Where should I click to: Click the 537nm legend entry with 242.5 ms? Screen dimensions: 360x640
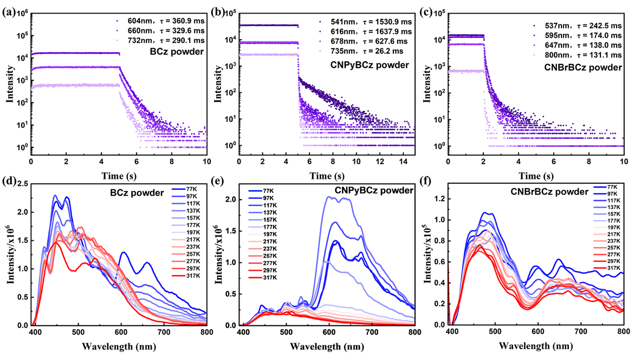click(578, 26)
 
